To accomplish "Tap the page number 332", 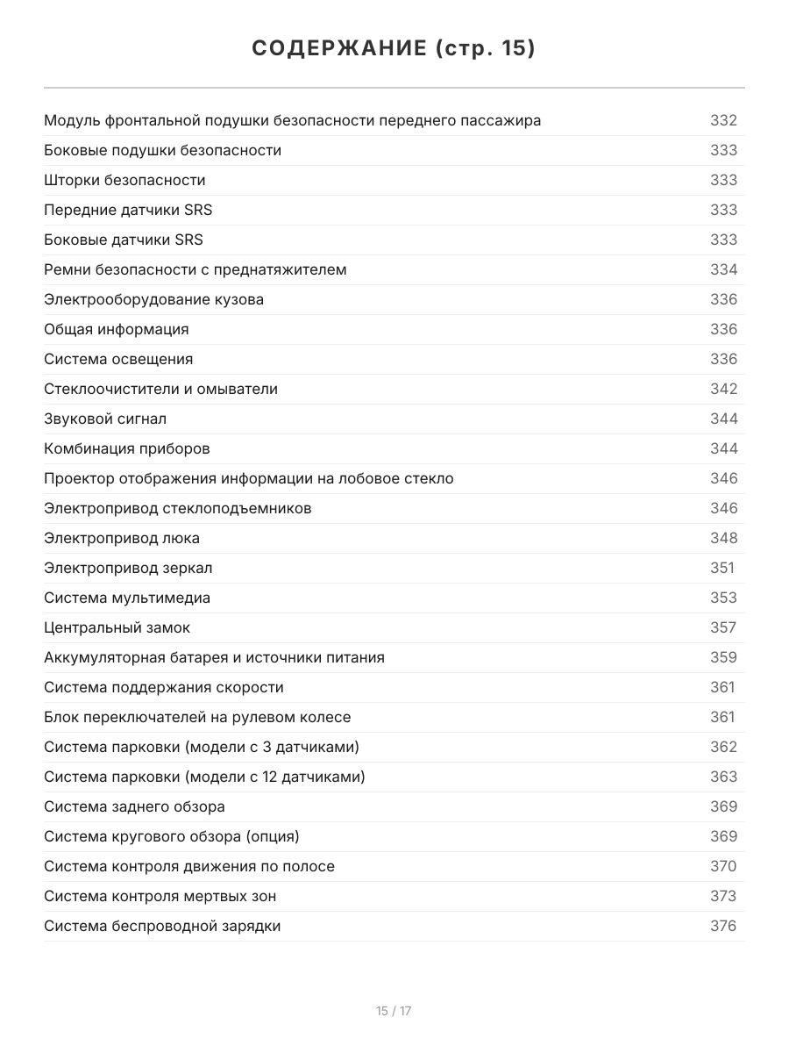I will click(723, 120).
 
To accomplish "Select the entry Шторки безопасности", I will click(124, 180).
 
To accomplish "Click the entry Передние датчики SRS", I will click(128, 210).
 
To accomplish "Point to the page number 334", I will click(723, 269).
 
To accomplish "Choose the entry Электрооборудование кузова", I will click(153, 299).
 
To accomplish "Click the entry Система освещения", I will click(118, 359).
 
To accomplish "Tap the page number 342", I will click(723, 389).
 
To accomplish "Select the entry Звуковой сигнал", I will click(105, 419).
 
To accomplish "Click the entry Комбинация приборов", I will click(127, 448).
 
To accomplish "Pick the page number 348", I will click(723, 538).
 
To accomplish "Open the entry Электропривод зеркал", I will click(128, 568).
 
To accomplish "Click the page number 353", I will click(723, 598).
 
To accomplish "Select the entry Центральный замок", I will click(117, 627).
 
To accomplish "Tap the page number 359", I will click(723, 657).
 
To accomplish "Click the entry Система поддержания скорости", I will click(164, 687).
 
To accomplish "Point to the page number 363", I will click(723, 777).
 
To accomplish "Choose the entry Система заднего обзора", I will click(134, 806).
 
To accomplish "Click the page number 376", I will click(723, 926).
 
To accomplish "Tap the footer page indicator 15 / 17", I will click(394, 1011).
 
